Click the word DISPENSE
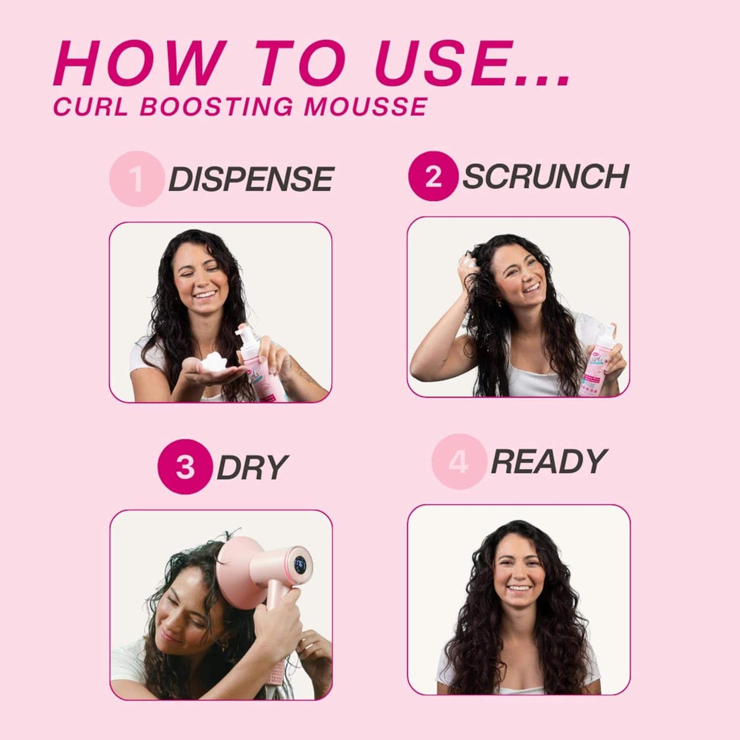[251, 179]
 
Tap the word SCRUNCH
[545, 177]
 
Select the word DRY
[252, 467]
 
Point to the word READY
[548, 461]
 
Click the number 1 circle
[136, 179]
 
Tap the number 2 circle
[433, 176]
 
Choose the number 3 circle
[185, 467]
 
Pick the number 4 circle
[458, 461]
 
